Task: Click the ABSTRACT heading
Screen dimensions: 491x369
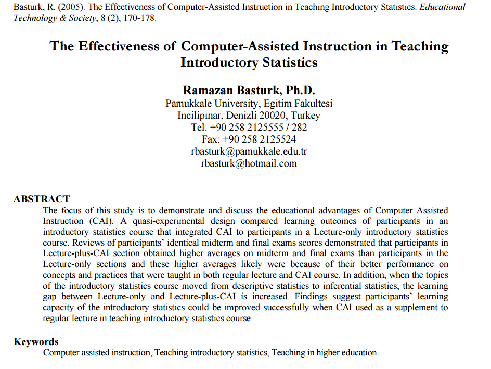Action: [x=42, y=199]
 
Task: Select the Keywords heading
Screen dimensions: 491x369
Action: [x=36, y=342]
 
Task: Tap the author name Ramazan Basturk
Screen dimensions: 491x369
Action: [x=249, y=90]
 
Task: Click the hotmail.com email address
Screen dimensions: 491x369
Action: [x=249, y=163]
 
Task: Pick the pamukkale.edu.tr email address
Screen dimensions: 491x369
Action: [x=249, y=151]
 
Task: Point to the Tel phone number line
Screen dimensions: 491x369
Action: [x=249, y=128]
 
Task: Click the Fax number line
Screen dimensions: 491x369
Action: [x=249, y=139]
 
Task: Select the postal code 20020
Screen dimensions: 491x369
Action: [x=274, y=116]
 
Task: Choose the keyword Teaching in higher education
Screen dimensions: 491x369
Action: [x=324, y=353]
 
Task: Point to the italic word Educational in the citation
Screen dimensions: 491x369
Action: [x=440, y=7]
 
